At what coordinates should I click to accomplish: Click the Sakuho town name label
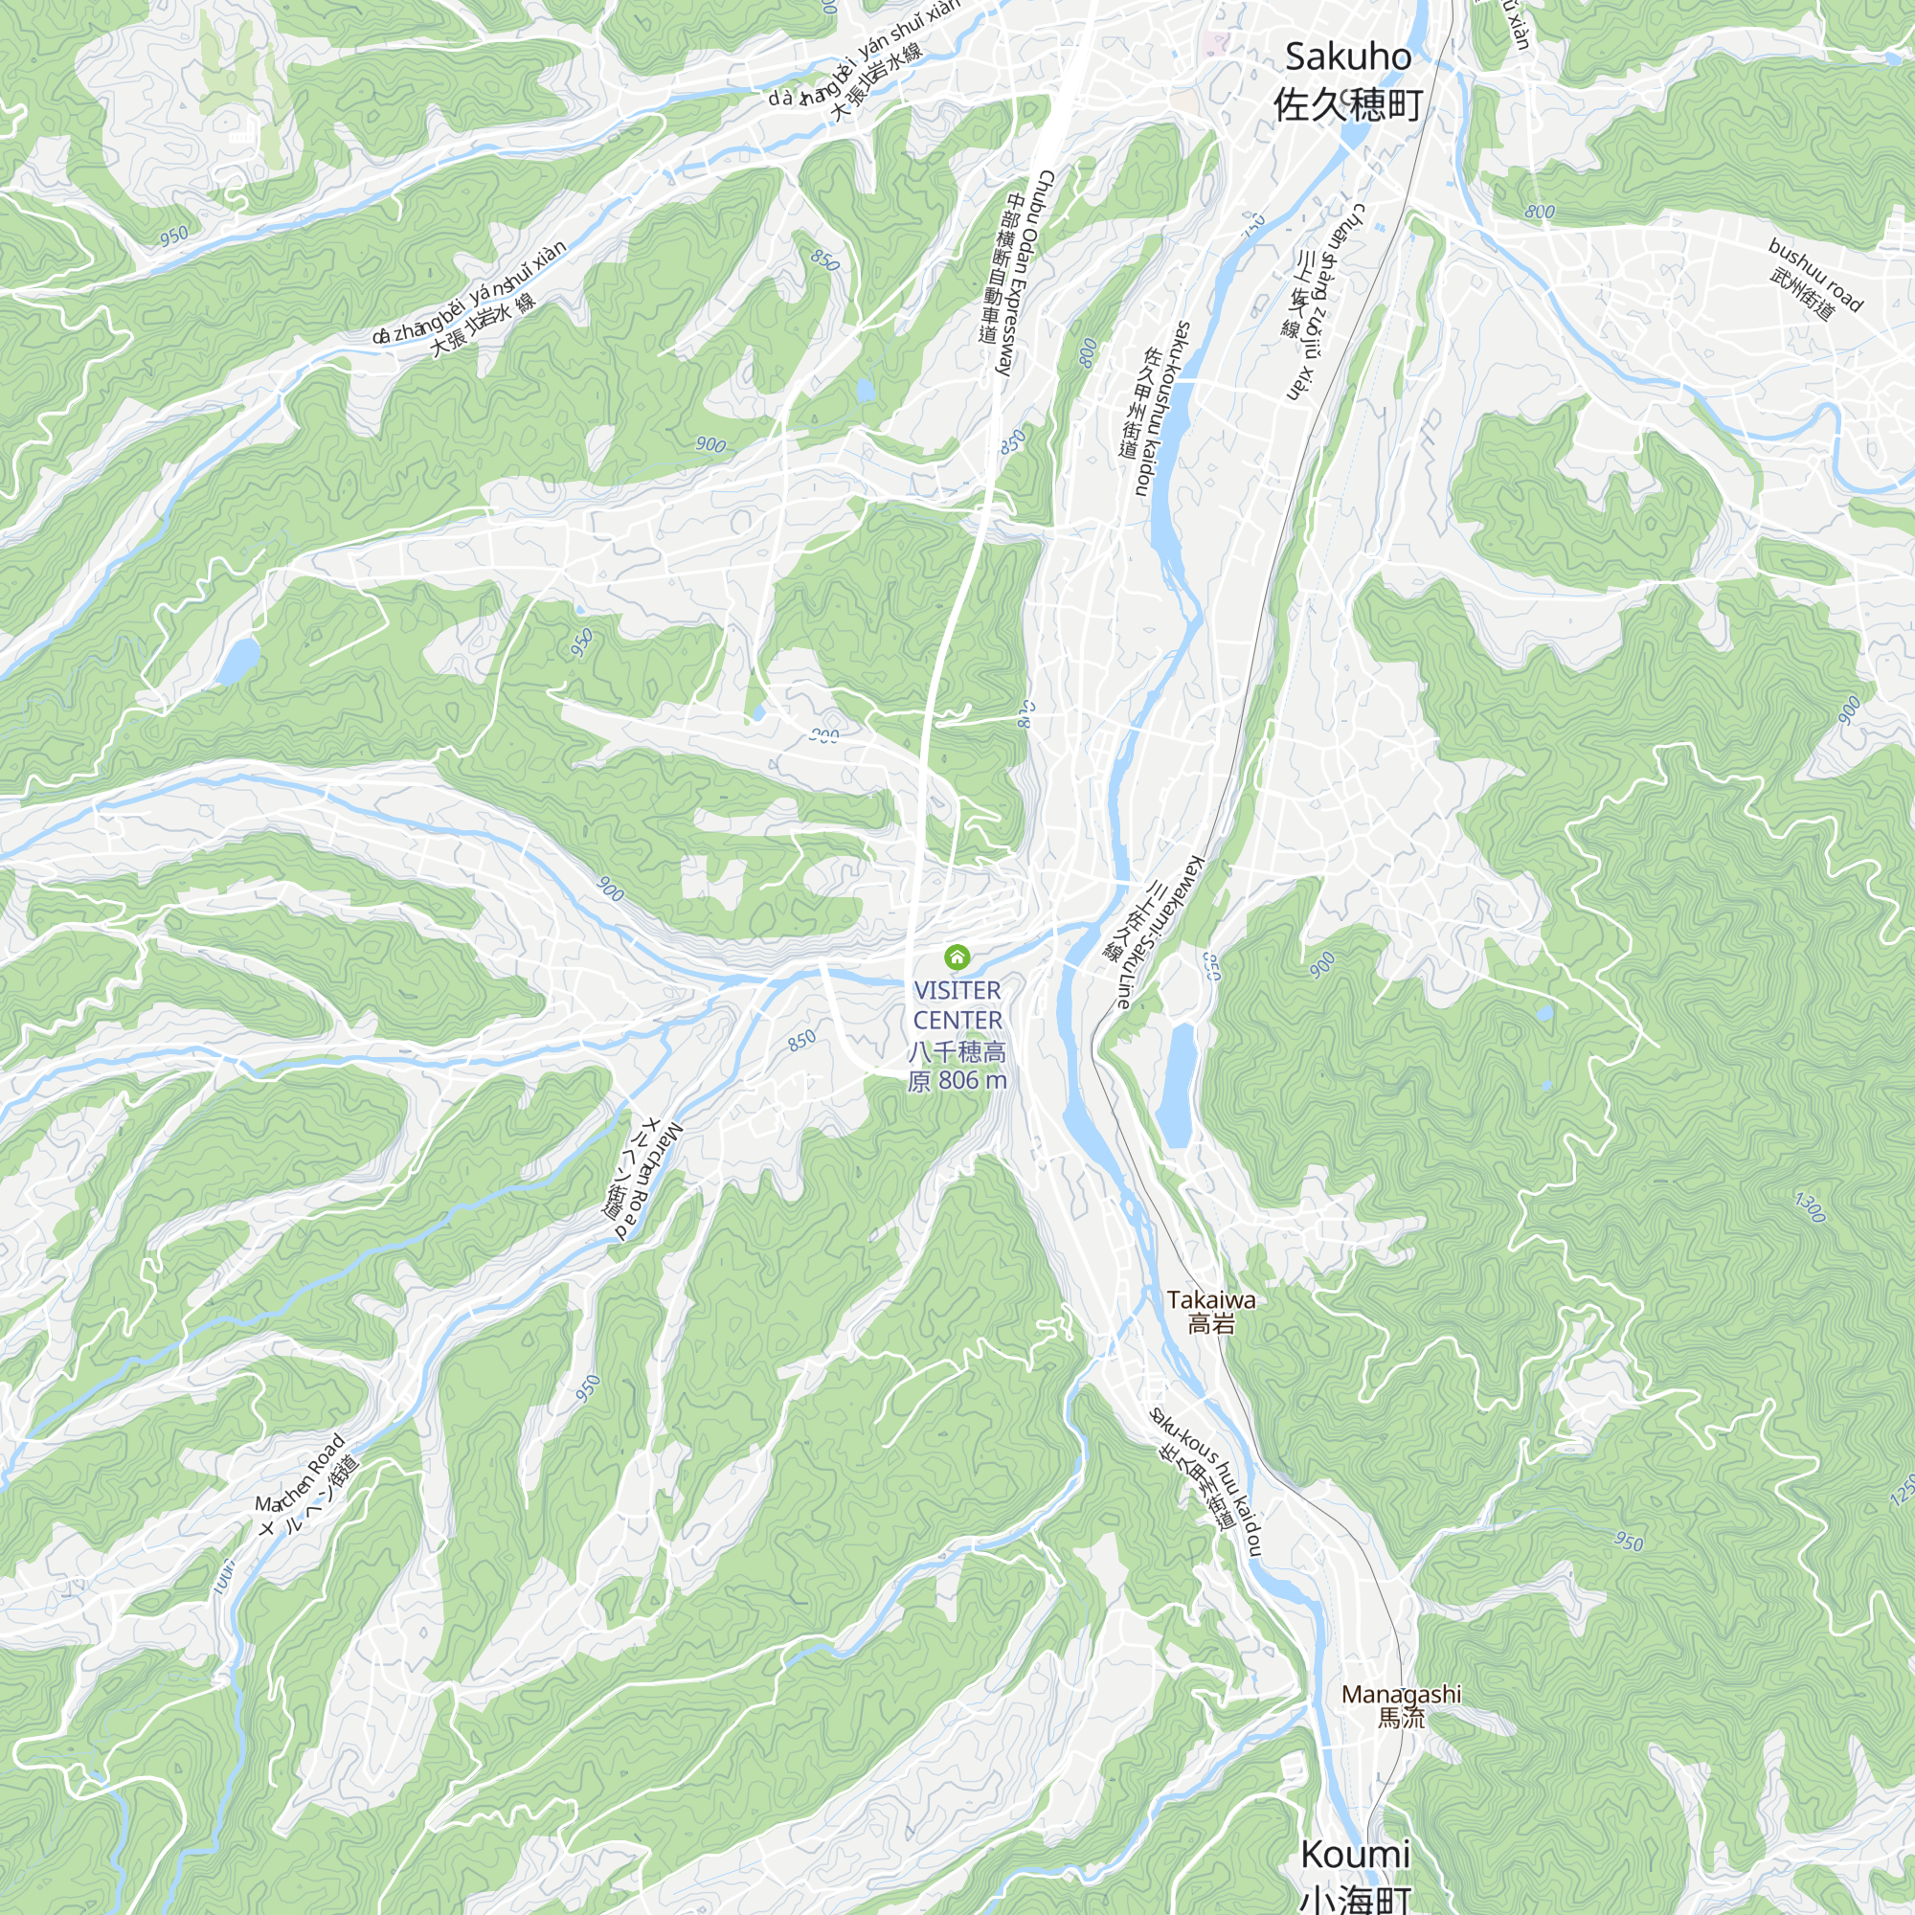[1347, 57]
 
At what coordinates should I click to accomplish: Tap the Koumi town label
[1354, 1854]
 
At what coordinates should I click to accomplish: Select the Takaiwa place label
[1210, 1299]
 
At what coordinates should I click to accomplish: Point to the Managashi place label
[1401, 1694]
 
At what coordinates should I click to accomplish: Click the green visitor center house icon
[957, 957]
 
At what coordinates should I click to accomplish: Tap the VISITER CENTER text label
[957, 1005]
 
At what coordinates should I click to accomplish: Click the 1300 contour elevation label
[1809, 1207]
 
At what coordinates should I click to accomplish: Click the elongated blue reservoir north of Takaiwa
[1179, 1086]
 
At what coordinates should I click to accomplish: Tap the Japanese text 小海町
[1354, 1898]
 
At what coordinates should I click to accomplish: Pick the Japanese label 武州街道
[1802, 294]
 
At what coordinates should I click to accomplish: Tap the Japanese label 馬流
[1401, 1717]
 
